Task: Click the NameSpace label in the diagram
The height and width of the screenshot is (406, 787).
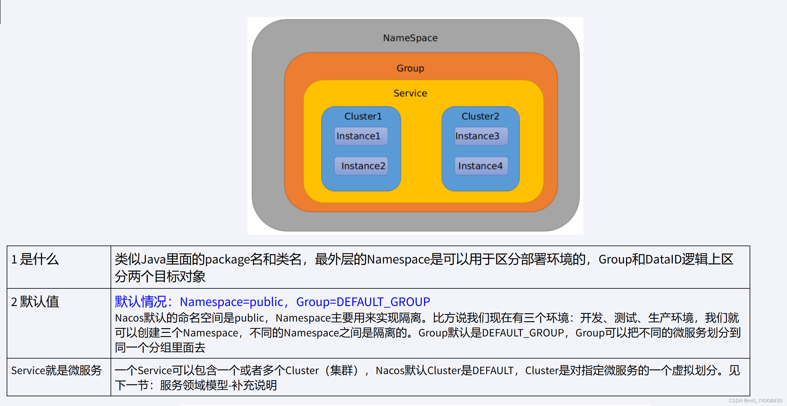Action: [410, 38]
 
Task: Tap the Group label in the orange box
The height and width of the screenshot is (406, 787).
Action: [410, 68]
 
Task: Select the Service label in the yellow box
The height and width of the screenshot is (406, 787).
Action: [410, 93]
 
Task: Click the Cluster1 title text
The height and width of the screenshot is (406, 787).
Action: [363, 116]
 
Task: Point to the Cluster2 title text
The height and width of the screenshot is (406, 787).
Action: [480, 116]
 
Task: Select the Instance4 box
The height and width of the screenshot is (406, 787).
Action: [481, 166]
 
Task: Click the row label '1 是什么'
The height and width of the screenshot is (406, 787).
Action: [35, 259]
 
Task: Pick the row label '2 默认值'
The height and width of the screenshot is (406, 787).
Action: [35, 302]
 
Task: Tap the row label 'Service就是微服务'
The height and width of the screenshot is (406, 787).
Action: [56, 370]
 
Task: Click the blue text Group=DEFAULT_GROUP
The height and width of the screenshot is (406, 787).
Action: [363, 302]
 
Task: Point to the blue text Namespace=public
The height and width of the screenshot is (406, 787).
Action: [231, 302]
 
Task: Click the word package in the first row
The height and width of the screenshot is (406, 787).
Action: [227, 260]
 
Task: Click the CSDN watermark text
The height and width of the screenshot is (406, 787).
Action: [755, 401]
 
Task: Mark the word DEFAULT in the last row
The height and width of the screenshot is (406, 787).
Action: [492, 370]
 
